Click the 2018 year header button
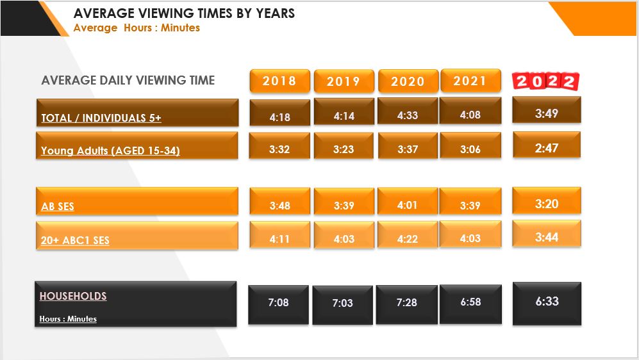(279, 81)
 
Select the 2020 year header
(408, 81)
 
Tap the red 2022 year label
(545, 81)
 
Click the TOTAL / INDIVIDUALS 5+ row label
(101, 118)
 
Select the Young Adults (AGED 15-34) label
(110, 151)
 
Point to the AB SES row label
(58, 207)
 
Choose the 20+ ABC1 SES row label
(75, 241)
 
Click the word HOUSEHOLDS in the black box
(73, 296)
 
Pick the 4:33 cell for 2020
(407, 115)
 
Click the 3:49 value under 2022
(547, 113)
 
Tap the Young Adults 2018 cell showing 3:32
(279, 150)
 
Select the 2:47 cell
(547, 148)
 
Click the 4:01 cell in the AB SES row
(407, 206)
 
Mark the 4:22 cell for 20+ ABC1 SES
(407, 239)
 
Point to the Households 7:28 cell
(406, 302)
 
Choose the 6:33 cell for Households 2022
(547, 301)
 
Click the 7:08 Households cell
(278, 302)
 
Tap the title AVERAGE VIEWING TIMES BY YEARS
(184, 13)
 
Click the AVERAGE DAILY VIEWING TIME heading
(128, 80)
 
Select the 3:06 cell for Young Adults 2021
(470, 149)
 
